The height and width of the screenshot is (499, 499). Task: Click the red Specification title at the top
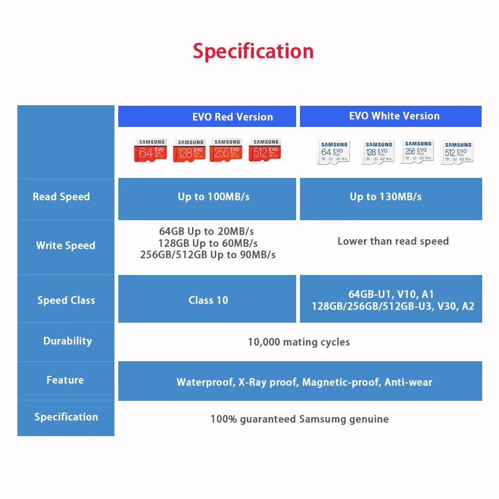[x=253, y=51]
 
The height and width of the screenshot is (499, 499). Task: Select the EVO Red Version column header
[x=233, y=117]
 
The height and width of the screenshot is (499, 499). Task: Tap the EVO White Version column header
[x=394, y=116]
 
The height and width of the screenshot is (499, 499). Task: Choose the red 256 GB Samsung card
[x=226, y=150]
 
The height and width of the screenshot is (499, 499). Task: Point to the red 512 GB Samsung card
[x=265, y=150]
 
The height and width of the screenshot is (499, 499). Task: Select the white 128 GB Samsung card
[x=378, y=152]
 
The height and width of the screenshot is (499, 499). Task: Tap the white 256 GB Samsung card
[x=418, y=151]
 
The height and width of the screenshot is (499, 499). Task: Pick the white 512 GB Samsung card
[x=458, y=152]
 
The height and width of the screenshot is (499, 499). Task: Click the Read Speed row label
[x=61, y=197]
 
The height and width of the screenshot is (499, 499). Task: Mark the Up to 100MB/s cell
[x=214, y=197]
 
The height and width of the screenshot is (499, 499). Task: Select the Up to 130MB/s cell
[x=386, y=197]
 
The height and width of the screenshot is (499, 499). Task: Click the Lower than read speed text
[x=393, y=241]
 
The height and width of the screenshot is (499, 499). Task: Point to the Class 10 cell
[x=208, y=300]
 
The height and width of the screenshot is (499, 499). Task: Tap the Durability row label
[x=67, y=341]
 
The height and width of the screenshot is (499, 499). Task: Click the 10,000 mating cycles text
[x=299, y=342]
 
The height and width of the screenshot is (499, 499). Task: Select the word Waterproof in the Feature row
[x=204, y=382]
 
